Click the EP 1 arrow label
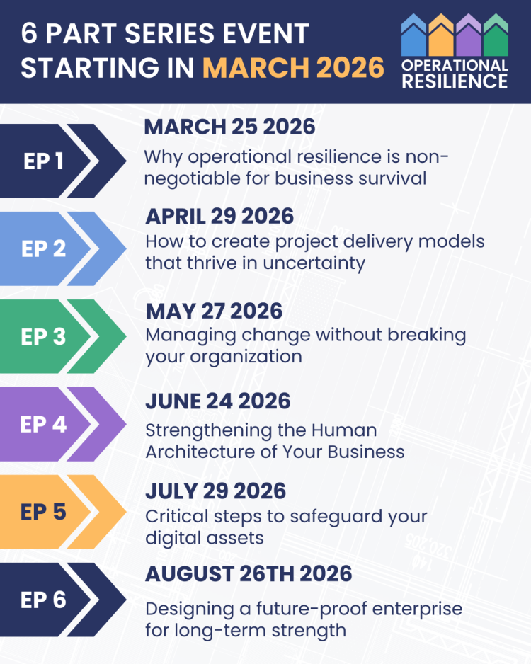pyautogui.click(x=43, y=161)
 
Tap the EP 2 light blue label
pyautogui.click(x=43, y=248)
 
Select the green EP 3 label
pyautogui.click(x=43, y=337)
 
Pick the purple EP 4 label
pyautogui.click(x=43, y=424)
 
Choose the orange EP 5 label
pyautogui.click(x=43, y=511)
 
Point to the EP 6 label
pyautogui.click(x=43, y=600)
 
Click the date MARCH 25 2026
pyautogui.click(x=229, y=127)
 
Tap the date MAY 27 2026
pyautogui.click(x=214, y=311)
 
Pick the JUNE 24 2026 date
pyautogui.click(x=218, y=401)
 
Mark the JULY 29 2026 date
pyautogui.click(x=216, y=491)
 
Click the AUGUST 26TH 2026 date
pyautogui.click(x=249, y=573)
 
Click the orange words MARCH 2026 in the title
pyautogui.click(x=293, y=67)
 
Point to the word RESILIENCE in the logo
pyautogui.click(x=454, y=81)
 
